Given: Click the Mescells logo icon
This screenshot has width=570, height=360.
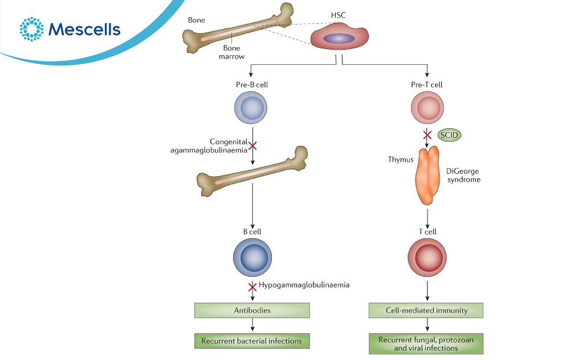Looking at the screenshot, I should click(31, 29).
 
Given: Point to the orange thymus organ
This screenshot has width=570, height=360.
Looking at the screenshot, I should click(427, 176).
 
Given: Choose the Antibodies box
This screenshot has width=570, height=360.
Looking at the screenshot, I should click(252, 310).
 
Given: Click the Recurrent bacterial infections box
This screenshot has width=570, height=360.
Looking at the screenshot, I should click(252, 341).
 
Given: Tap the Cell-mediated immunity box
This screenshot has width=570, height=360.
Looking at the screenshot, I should click(426, 310).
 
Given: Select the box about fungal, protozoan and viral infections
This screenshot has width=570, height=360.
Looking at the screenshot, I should click(426, 344).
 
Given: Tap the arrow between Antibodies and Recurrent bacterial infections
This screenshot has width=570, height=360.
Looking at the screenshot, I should click(252, 326).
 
